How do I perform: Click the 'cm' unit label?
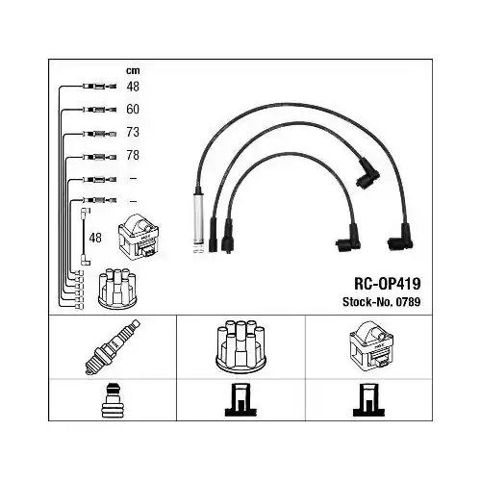(x=133, y=71)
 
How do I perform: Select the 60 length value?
(x=133, y=110)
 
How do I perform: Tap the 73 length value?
(x=133, y=132)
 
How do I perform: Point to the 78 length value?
(x=133, y=155)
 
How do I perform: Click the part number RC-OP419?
(x=387, y=284)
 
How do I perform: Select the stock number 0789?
(x=408, y=302)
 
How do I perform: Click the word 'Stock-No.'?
(x=367, y=302)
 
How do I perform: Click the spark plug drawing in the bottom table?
(x=113, y=347)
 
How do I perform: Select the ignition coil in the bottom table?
(x=371, y=347)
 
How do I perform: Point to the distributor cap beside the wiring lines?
(x=117, y=289)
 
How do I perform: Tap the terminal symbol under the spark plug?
(x=112, y=400)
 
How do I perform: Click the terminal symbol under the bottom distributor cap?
(x=240, y=400)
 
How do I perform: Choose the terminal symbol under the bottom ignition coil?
(x=368, y=400)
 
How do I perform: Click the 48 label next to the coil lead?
(x=95, y=238)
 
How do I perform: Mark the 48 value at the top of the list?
(x=133, y=87)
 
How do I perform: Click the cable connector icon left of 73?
(x=99, y=134)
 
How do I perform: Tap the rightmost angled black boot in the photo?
(x=402, y=239)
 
